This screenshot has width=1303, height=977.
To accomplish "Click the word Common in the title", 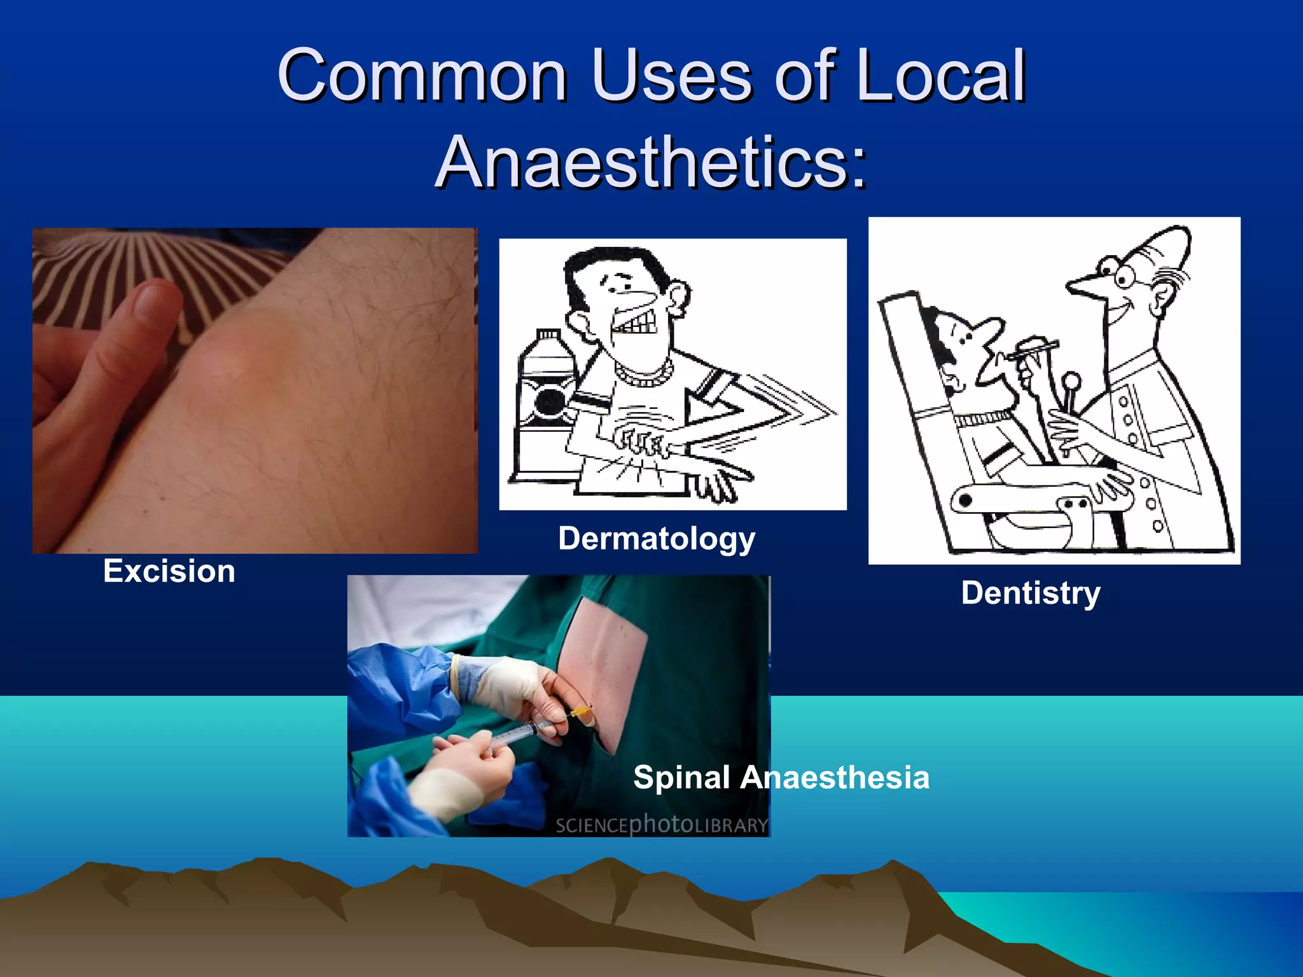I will (x=422, y=76).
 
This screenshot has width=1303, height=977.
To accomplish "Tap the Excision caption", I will (x=169, y=571).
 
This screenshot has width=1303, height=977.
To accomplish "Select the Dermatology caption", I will (x=657, y=539).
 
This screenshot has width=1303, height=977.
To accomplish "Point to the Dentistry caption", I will (x=1030, y=593).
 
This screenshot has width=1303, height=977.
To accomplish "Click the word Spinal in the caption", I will (x=681, y=777).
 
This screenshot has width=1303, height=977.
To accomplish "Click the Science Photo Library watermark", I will (x=662, y=825).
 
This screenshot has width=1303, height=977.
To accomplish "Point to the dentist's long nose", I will (x=1085, y=286).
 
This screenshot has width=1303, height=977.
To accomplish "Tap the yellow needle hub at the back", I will (x=580, y=712).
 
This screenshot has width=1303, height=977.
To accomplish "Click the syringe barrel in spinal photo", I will (x=519, y=736).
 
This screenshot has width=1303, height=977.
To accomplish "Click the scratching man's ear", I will (x=679, y=297).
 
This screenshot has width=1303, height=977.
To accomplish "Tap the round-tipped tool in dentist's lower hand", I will (x=1072, y=382).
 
